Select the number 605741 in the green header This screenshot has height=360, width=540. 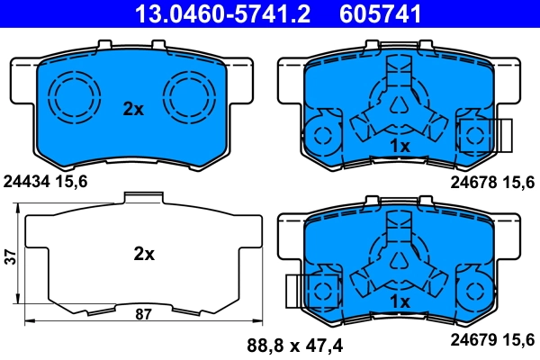coord(382,13)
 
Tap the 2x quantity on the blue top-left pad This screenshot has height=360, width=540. coord(133,109)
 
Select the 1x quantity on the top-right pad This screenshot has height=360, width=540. coord(400,145)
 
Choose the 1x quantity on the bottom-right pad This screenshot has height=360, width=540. coord(400,301)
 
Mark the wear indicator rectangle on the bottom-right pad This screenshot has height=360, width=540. coord(294,291)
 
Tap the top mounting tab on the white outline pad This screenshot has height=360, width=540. coord(142,199)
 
